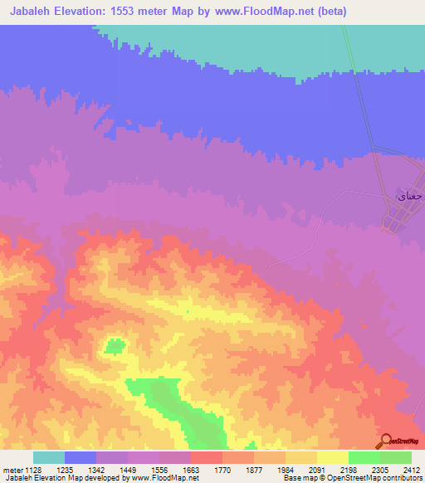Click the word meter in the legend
[x=11, y=471]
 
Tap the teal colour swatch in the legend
[x=49, y=457]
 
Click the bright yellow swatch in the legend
[x=332, y=457]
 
